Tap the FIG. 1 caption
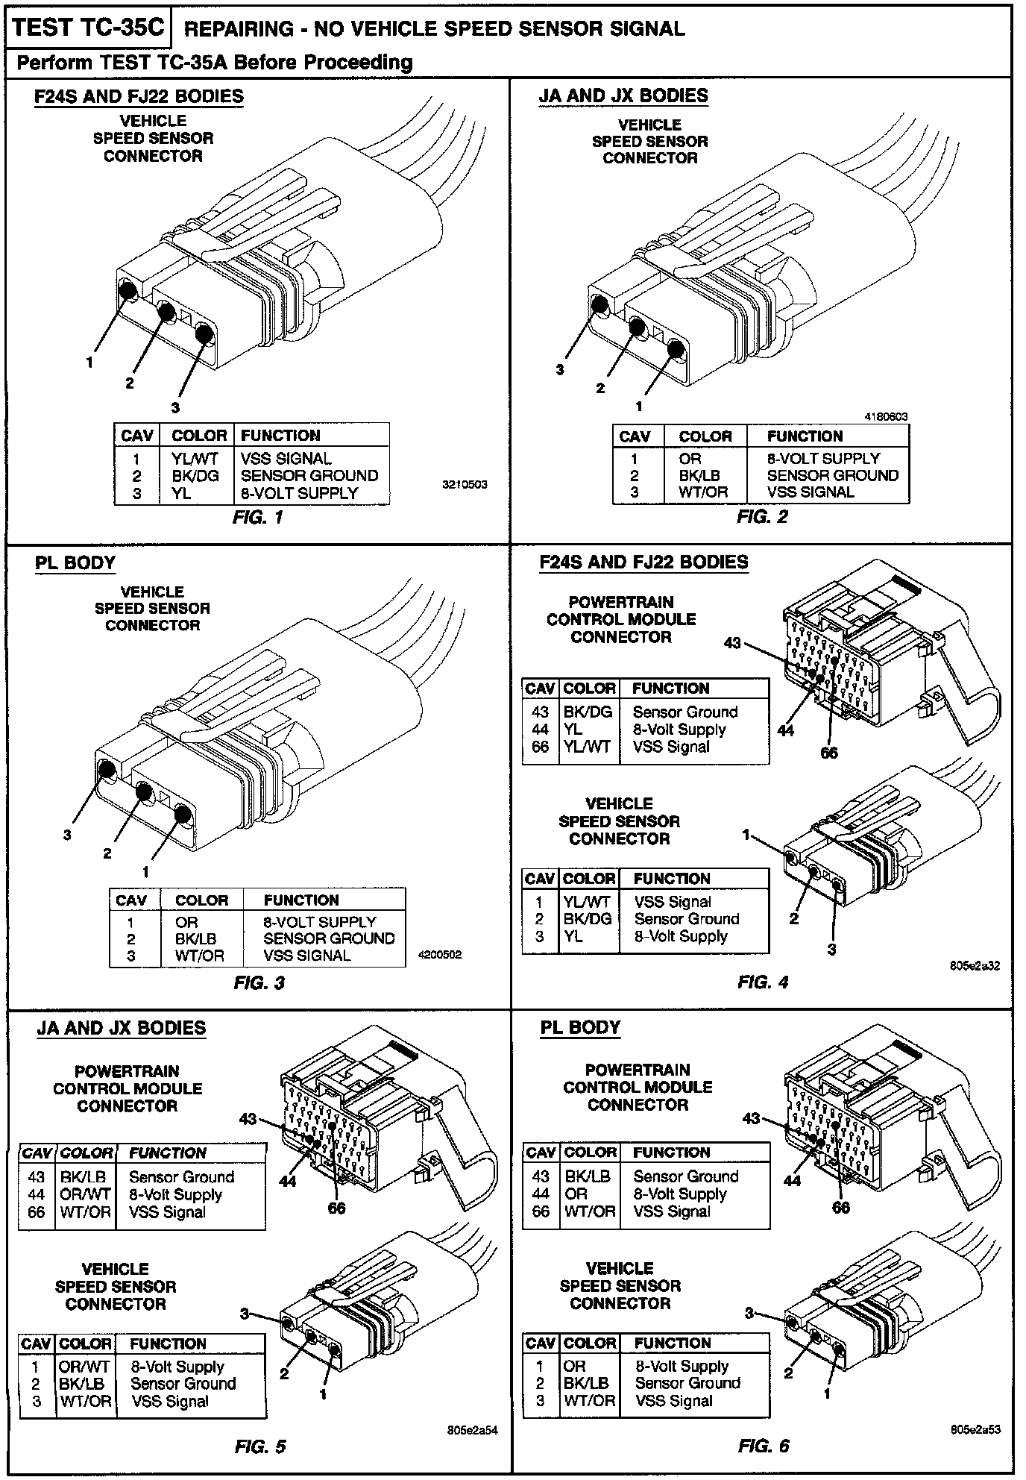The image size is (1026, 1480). (x=257, y=516)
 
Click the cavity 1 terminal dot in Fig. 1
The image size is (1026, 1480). (x=127, y=291)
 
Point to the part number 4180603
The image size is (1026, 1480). (x=885, y=417)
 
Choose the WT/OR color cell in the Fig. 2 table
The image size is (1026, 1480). (x=703, y=492)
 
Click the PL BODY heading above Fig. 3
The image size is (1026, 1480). (x=75, y=562)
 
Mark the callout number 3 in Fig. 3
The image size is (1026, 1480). (x=67, y=835)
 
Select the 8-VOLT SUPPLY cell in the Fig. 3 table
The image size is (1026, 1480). (x=319, y=922)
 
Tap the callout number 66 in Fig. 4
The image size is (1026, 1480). (x=829, y=753)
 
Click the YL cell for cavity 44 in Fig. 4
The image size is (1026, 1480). (x=573, y=730)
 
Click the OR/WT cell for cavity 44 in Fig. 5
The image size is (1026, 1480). (x=85, y=1194)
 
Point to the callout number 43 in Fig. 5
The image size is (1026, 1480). (x=248, y=1118)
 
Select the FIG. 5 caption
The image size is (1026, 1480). (x=259, y=1447)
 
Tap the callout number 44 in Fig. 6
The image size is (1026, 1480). (x=792, y=1180)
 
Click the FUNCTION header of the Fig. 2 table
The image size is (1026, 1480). (x=805, y=436)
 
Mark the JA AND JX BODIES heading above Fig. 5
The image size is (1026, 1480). (x=122, y=1028)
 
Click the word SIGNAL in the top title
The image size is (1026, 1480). (x=642, y=29)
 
